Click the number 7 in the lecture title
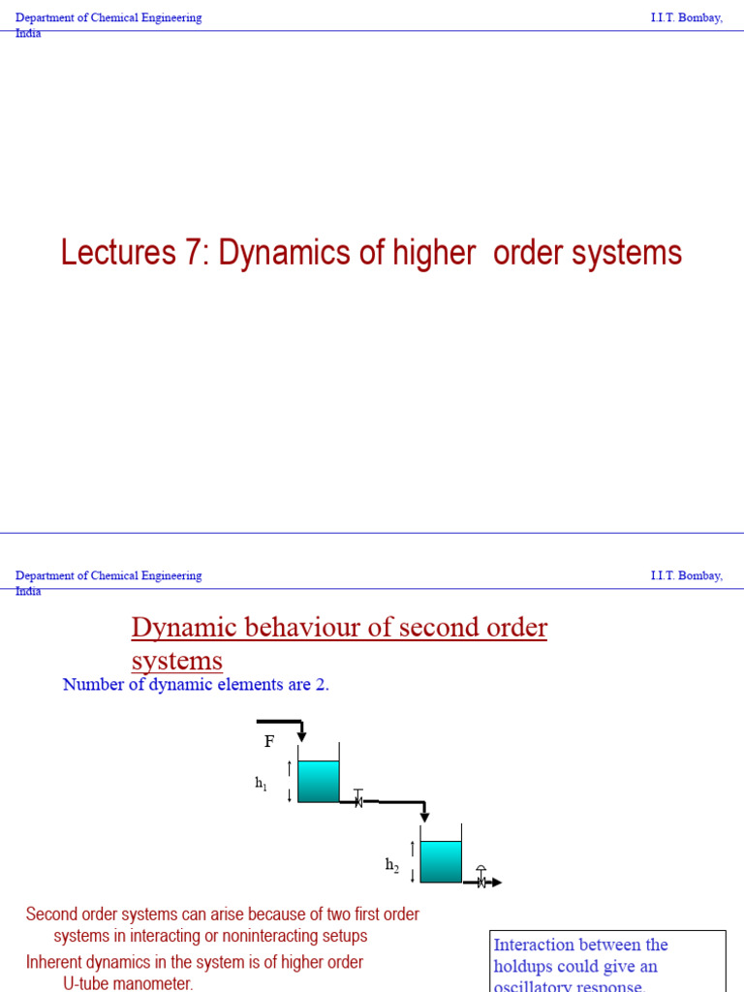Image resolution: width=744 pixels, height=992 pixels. coord(195,253)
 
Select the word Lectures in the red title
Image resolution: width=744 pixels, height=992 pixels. coord(115,253)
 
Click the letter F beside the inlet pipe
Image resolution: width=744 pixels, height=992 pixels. coord(269,742)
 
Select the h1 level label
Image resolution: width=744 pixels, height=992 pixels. coord(261,783)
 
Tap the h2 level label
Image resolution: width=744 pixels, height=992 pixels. coord(391,865)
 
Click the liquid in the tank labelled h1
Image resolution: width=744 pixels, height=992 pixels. coord(318,781)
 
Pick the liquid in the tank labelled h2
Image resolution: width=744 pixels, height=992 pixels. coord(441,861)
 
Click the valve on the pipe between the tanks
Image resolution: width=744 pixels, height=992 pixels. coord(358,800)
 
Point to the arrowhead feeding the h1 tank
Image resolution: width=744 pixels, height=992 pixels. coord(301,737)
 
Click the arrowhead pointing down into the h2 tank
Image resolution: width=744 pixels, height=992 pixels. coord(424,817)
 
